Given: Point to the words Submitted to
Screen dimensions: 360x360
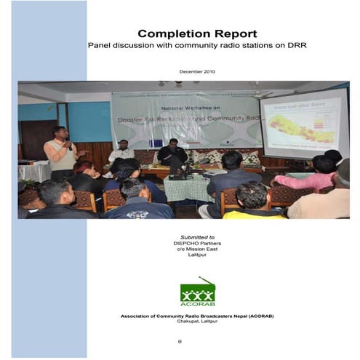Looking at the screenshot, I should click(198, 237).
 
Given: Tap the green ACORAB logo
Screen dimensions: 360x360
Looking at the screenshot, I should click(198, 292).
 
